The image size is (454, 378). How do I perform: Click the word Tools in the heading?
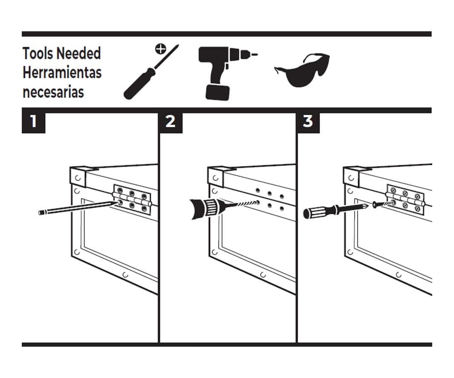(38, 54)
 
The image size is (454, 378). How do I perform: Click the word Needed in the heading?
(79, 54)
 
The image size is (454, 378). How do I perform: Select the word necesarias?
(53, 92)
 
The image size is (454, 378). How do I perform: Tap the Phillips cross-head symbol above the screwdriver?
(160, 49)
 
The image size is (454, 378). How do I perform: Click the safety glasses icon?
(302, 70)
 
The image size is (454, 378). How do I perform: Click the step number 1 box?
(34, 122)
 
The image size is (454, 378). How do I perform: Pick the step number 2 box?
(171, 122)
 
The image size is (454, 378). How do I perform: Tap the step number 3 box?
(308, 122)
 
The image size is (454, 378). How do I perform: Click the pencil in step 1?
(78, 207)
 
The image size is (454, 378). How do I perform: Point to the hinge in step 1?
(132, 200)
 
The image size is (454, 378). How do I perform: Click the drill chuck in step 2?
(206, 208)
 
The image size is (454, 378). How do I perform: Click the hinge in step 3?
(405, 200)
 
